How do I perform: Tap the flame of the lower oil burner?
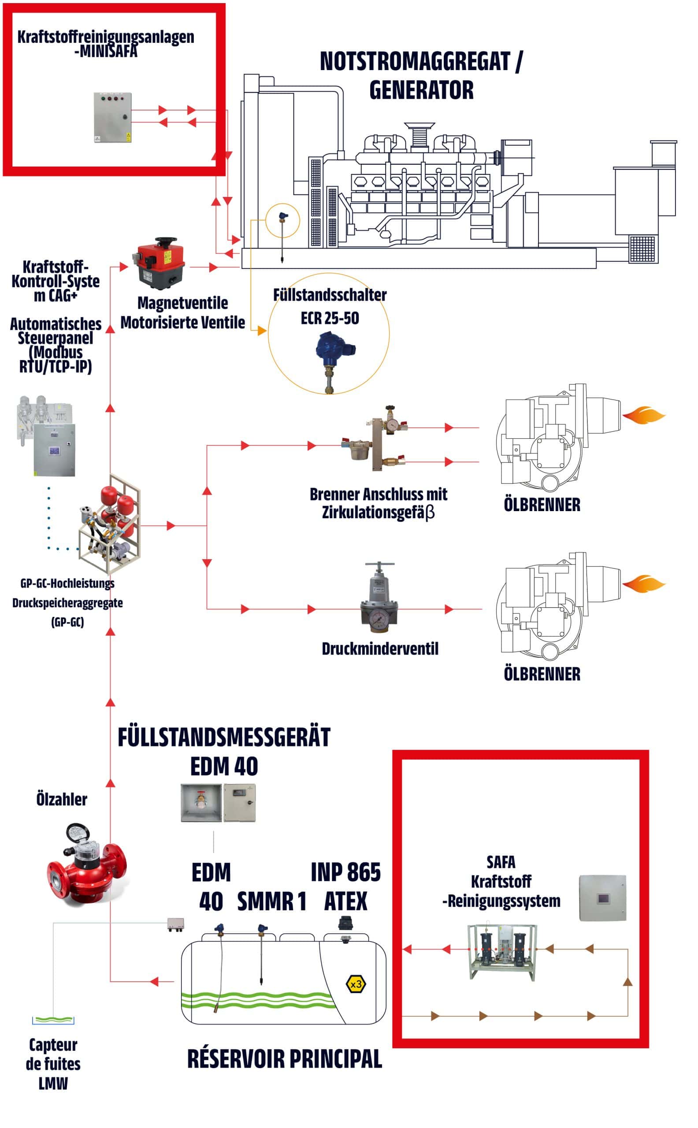(643, 584)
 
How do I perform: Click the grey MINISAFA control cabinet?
(113, 117)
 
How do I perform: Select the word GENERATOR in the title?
(421, 90)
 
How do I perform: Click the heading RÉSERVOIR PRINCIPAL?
(284, 1059)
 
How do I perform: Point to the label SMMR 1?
(271, 901)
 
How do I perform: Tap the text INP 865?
(346, 872)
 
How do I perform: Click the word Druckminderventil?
(380, 649)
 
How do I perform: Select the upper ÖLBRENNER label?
(542, 505)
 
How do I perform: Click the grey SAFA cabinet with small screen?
(603, 898)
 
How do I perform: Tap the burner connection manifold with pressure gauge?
(375, 438)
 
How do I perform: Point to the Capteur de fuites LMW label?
(53, 1064)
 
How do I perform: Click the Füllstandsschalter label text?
(330, 294)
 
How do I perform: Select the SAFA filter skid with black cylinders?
(502, 952)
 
